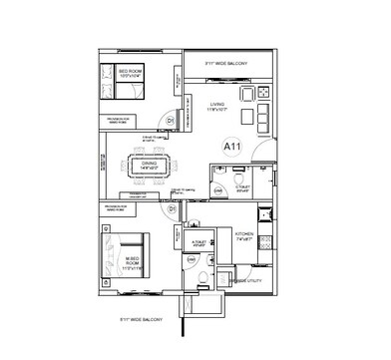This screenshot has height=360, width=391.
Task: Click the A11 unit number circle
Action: [x=231, y=147]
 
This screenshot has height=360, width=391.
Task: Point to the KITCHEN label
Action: [x=243, y=236]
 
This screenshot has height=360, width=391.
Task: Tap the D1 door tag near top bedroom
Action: [x=172, y=121]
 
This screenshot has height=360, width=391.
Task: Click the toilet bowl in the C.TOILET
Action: [x=218, y=191]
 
